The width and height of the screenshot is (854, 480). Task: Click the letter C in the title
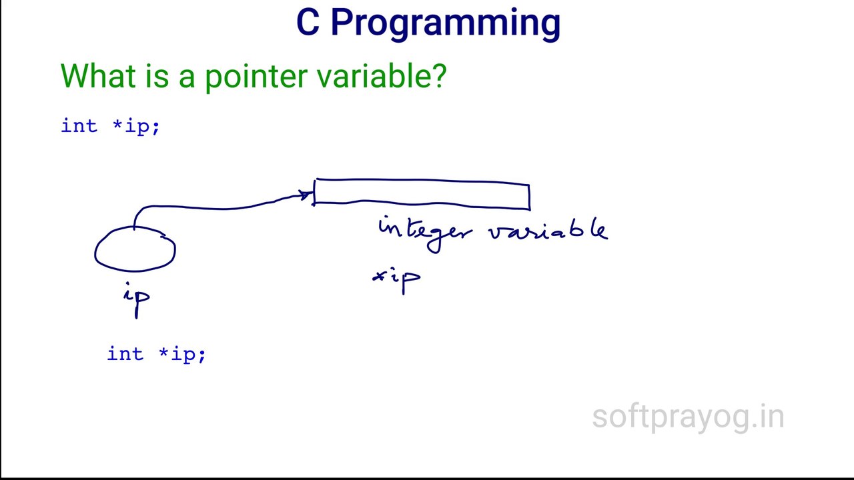coord(308,23)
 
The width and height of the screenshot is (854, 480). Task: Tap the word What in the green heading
coord(98,76)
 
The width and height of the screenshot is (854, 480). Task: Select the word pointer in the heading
coord(256,78)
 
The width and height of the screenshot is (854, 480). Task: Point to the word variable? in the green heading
coord(382,75)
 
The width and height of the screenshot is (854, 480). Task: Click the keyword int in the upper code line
coord(79,126)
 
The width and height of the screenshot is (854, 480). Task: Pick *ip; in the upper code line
coord(136,127)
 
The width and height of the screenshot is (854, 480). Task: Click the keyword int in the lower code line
coord(125,353)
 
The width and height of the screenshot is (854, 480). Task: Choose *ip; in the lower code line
coord(182,355)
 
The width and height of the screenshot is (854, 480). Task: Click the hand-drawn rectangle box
coord(421,179)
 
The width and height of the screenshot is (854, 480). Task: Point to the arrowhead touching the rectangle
coord(308,195)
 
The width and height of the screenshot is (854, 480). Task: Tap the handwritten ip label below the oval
coord(137,299)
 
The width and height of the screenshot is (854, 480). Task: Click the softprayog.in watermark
coord(688,418)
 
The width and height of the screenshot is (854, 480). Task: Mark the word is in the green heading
coord(157,76)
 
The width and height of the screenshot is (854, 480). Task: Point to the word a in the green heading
coord(187,79)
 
